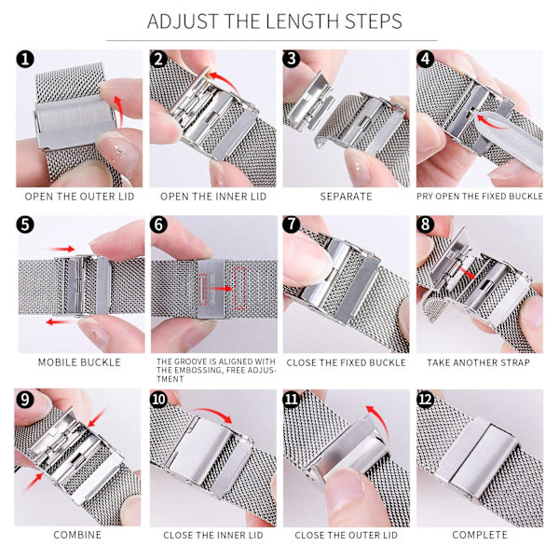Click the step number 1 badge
25,60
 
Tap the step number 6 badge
158,225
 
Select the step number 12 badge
426,400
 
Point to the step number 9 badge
24,400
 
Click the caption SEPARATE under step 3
346,197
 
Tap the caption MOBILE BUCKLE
79,362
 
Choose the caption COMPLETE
480,535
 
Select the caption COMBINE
77,535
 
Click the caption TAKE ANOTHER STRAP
478,362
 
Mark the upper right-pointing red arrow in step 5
61,249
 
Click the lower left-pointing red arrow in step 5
61,322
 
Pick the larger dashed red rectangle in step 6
240,288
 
